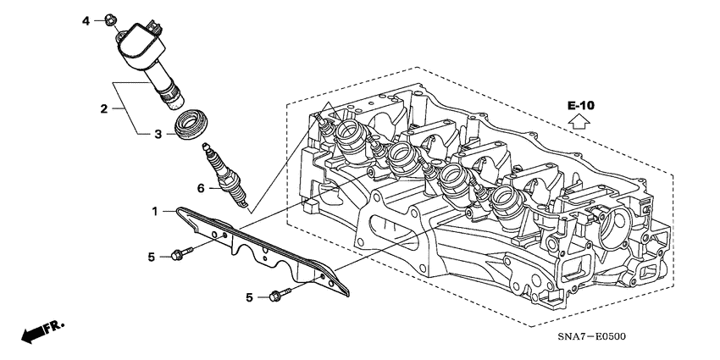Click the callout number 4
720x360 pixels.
pyautogui.click(x=86, y=19)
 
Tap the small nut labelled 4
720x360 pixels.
pyautogui.click(x=111, y=19)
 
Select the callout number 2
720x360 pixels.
pyautogui.click(x=104, y=108)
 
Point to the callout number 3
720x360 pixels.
pyautogui.click(x=157, y=134)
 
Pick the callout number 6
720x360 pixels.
pyautogui.click(x=201, y=187)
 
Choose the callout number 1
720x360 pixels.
pyautogui.click(x=154, y=209)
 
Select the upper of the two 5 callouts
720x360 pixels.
pyautogui.click(x=152, y=256)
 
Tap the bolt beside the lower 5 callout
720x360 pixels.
pyautogui.click(x=280, y=295)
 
